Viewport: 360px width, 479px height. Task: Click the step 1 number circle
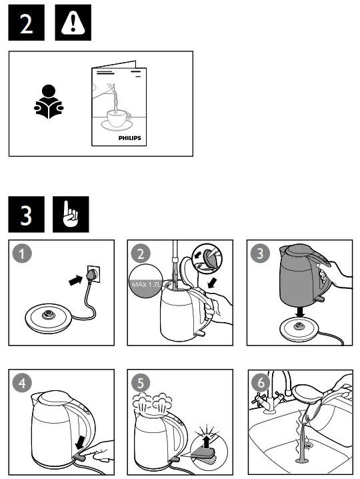23,254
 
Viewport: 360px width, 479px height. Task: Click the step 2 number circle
141,254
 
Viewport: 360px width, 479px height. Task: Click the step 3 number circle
259,254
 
